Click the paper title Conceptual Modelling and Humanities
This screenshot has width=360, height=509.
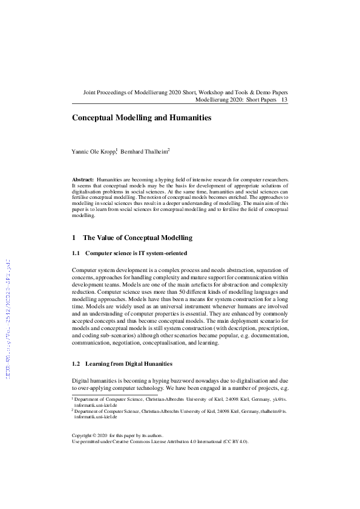142,118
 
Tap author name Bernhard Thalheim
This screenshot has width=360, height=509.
145,152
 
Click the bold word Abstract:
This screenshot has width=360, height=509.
83,180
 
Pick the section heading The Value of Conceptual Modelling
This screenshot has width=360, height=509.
137,238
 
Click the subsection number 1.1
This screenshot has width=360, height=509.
76,253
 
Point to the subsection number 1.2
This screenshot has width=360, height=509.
76,364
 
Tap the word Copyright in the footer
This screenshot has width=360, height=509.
84,435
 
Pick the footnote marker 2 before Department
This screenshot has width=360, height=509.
73,409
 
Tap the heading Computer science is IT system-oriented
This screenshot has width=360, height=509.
136,253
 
